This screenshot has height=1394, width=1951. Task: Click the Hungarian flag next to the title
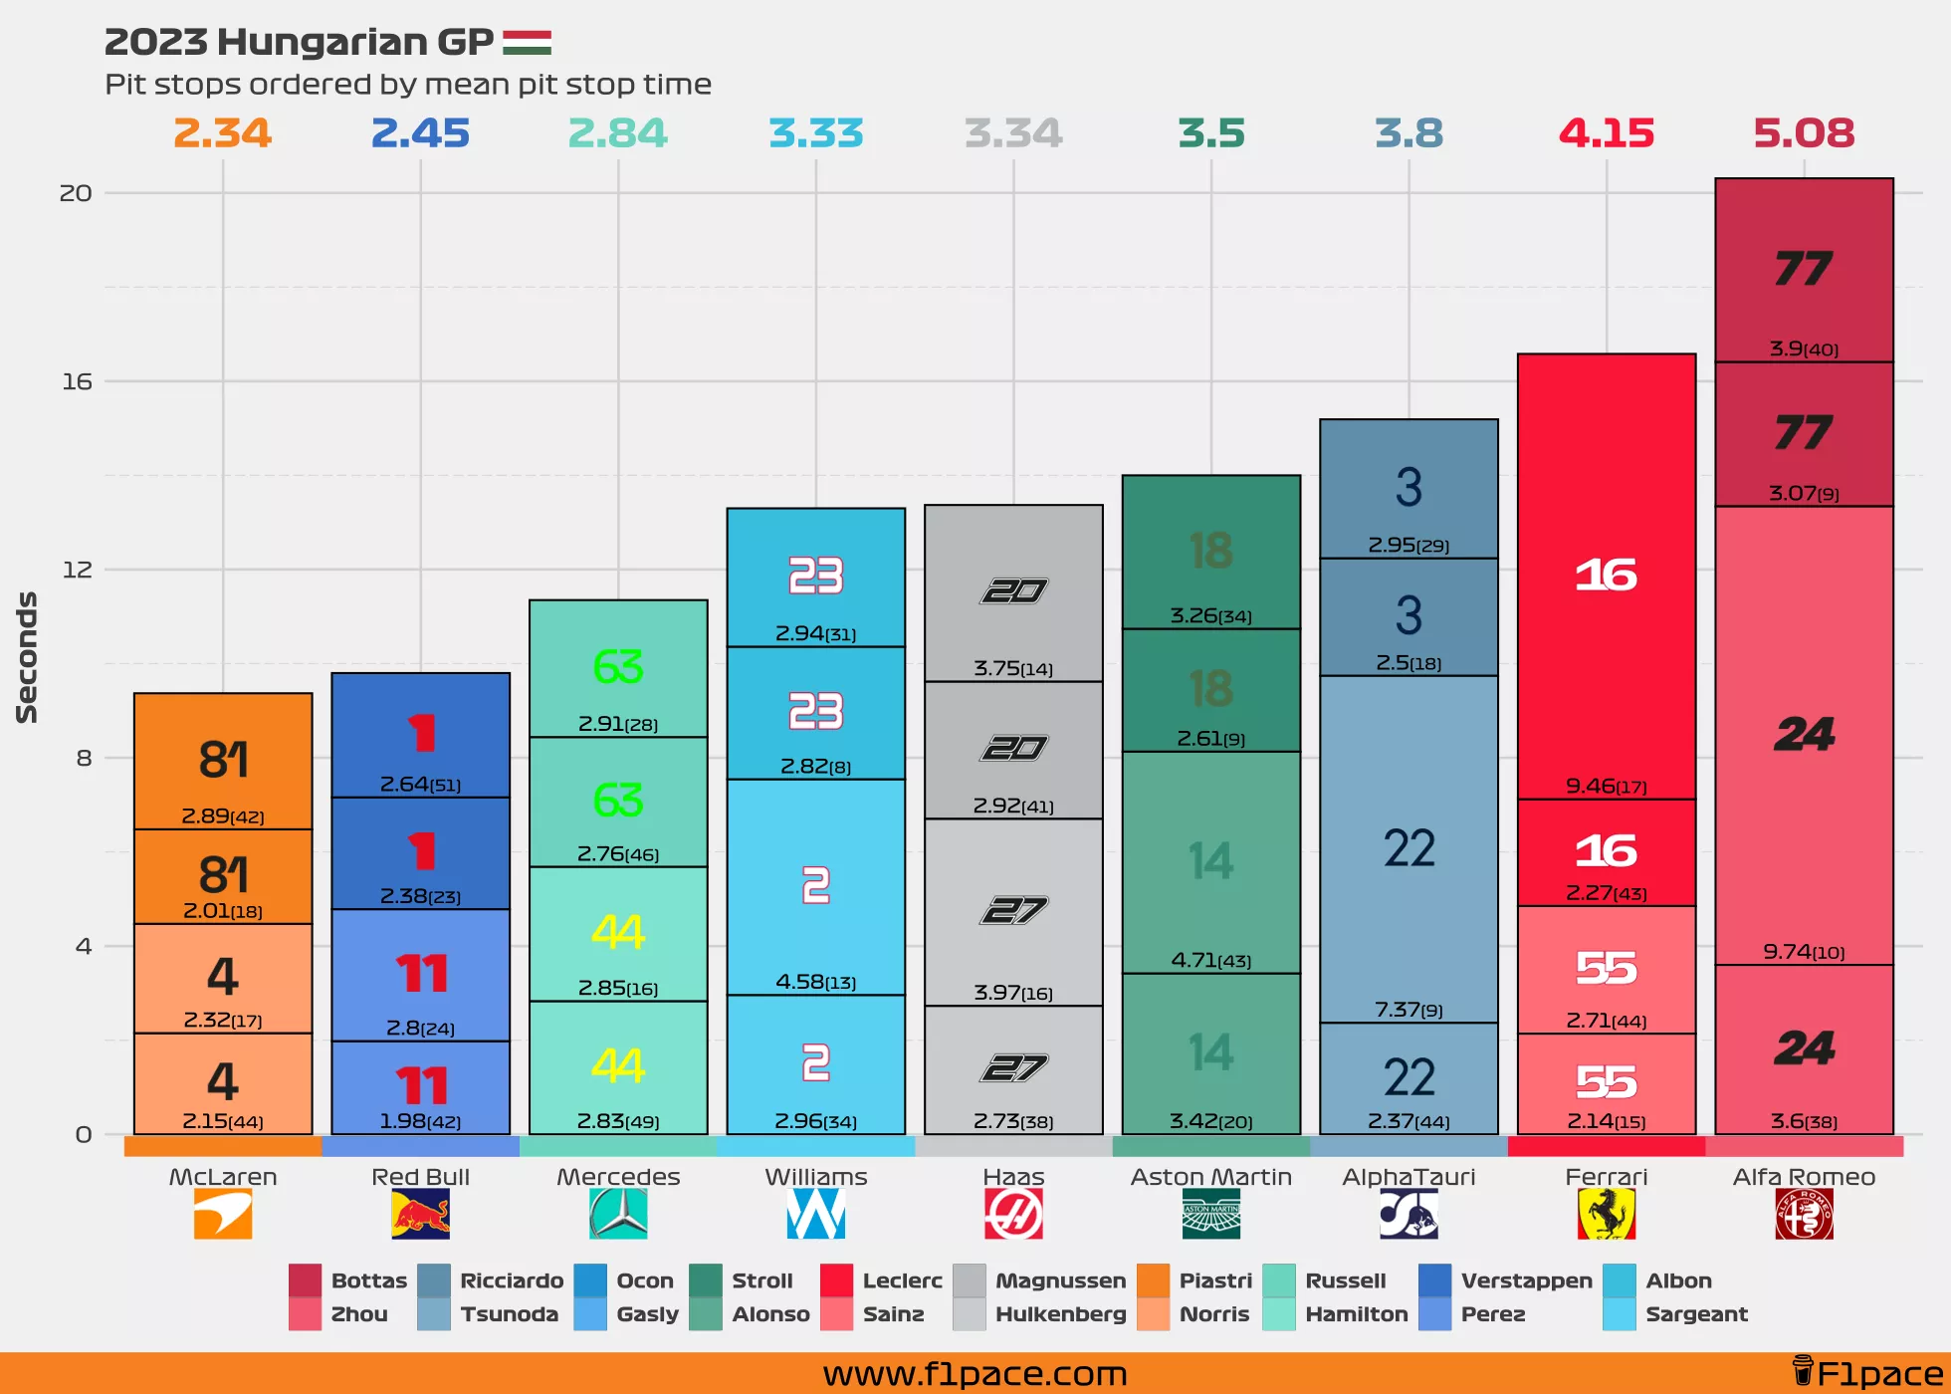pos(527,43)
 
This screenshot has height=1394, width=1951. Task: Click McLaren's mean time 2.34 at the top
pos(222,133)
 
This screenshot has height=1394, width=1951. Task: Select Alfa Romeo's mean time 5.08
pos(1804,133)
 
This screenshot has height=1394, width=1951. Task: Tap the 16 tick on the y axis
pos(77,381)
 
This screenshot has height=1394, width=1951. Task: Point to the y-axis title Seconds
pos(27,657)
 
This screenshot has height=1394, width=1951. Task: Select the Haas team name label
pos(1013,1177)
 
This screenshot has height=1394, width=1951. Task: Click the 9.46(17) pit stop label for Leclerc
pos(1606,787)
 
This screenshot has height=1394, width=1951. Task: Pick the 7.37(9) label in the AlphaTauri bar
pos(1409,1010)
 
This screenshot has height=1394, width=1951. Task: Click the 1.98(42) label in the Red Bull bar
pos(420,1121)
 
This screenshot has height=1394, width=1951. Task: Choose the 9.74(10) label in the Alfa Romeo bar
pos(1804,952)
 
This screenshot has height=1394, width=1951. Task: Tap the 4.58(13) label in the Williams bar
pos(815,982)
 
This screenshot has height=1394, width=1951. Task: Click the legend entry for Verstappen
pos(1526,1280)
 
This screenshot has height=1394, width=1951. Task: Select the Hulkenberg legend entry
pos(1060,1314)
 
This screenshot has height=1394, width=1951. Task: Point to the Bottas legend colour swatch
pos(305,1280)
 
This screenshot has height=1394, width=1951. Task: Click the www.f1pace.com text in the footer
pos(975,1374)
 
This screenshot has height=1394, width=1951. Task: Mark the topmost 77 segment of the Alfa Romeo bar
pos(1804,270)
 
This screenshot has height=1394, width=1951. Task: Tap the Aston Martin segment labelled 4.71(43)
pos(1211,862)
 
